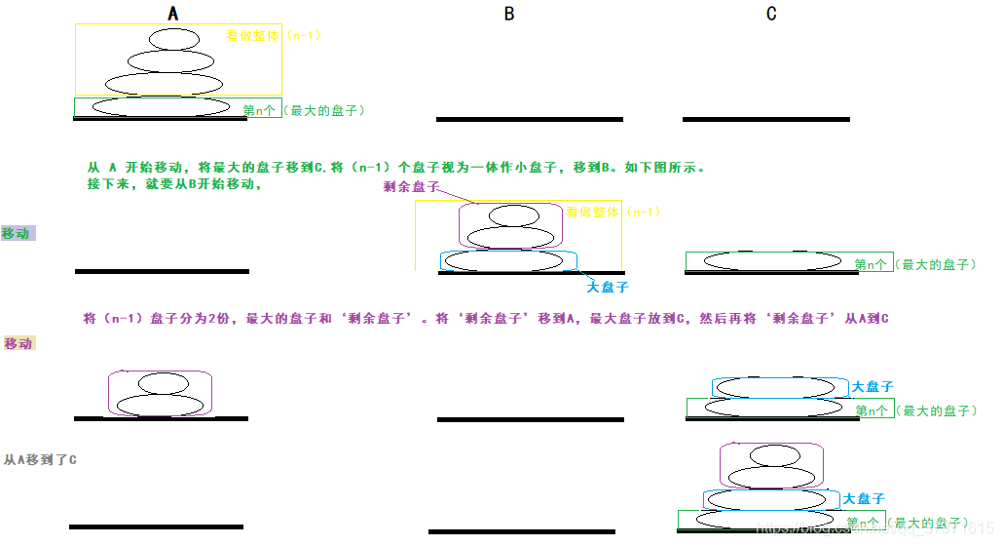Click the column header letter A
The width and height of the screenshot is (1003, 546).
pos(173,14)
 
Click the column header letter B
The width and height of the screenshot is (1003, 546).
pos(508,14)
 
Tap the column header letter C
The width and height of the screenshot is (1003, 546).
pos(771,14)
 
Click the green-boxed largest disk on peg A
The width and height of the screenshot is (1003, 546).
pos(161,106)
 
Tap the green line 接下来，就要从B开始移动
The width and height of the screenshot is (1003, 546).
pos(175,183)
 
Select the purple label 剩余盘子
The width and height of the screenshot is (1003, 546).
pos(412,187)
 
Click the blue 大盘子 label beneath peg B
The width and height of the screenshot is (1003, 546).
pos(607,287)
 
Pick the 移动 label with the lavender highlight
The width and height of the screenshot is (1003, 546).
pos(18,233)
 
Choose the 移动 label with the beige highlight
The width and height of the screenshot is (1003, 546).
pos(19,343)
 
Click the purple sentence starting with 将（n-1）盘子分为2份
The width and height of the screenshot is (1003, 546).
pos(487,319)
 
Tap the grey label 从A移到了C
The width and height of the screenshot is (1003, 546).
pos(40,458)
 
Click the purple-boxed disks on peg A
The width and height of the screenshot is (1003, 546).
pos(160,393)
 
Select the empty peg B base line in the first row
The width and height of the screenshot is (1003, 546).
pos(529,119)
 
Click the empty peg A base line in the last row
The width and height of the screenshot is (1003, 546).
pos(156,526)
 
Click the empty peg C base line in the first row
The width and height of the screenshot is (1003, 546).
pos(765,119)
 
